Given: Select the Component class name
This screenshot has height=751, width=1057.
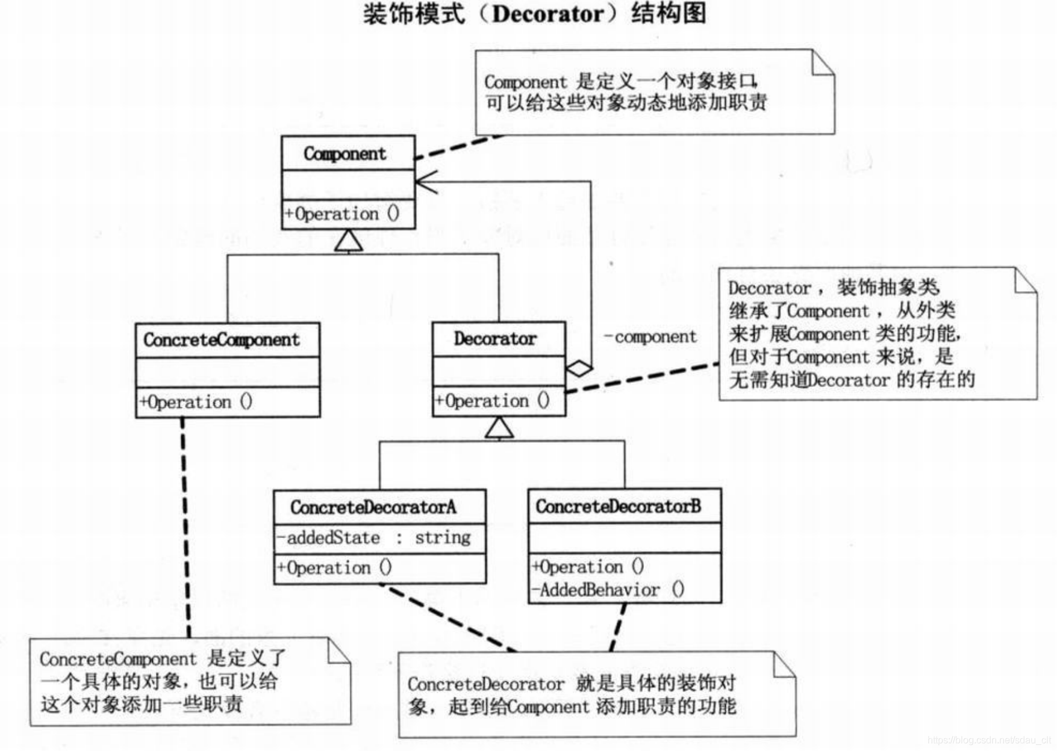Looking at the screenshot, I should [x=345, y=154].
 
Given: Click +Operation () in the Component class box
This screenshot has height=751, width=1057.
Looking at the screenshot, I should [x=342, y=214].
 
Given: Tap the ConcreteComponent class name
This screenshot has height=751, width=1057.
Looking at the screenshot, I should [x=221, y=340].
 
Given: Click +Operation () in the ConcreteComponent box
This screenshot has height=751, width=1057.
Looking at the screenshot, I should [x=196, y=402].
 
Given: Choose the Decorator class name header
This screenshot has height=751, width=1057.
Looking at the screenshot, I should [x=495, y=339].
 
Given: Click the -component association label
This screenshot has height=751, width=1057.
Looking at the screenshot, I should [x=650, y=337].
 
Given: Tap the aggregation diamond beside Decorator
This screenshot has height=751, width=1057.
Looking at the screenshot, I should [x=579, y=368].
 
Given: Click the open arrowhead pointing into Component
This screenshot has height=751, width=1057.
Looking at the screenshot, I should [x=424, y=181].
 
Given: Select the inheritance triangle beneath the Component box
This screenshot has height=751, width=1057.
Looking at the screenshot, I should [x=349, y=241].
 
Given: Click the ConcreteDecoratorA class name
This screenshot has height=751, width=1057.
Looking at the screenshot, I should [x=373, y=507].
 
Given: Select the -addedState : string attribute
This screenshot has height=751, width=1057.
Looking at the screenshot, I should [x=373, y=537].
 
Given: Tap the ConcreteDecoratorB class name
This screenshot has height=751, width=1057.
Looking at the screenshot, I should [x=619, y=506].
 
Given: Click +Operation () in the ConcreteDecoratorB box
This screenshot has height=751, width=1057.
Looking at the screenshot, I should [x=588, y=567].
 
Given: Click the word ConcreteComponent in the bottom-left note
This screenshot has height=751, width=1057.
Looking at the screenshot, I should [x=118, y=660].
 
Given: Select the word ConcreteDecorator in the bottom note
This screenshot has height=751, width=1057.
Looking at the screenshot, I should [x=486, y=684].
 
